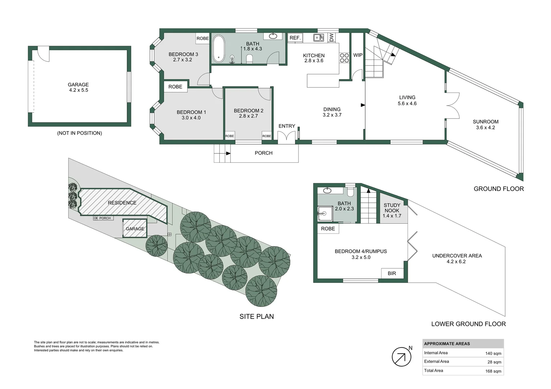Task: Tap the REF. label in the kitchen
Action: [295, 38]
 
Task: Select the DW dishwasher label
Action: [332, 37]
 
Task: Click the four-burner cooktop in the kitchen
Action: [344, 58]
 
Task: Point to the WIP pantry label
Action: [358, 55]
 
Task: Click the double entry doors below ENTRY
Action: [287, 137]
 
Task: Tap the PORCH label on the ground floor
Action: [263, 153]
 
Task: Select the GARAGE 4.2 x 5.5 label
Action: [78, 88]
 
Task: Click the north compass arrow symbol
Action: [401, 357]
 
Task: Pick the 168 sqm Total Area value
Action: [493, 371]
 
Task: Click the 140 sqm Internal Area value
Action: [493, 353]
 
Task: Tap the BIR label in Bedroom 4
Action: [392, 273]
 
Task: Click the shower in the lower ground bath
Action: [325, 213]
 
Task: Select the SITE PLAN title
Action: [256, 317]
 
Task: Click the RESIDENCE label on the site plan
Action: [122, 203]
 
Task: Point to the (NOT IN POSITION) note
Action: [79, 133]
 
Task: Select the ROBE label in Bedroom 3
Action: [203, 39]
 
